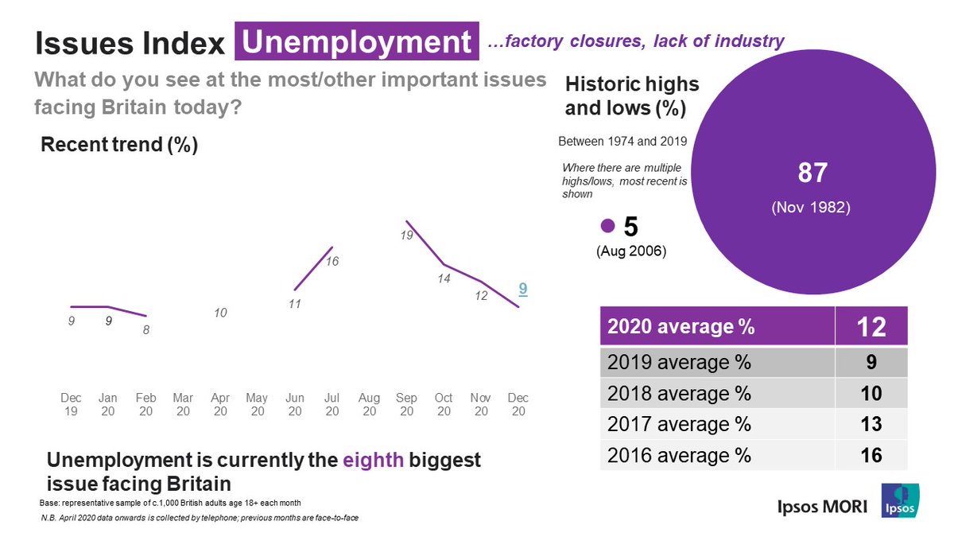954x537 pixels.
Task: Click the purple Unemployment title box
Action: click(x=357, y=41)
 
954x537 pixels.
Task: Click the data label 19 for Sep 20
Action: click(x=406, y=235)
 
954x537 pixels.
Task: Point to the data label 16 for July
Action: click(x=333, y=261)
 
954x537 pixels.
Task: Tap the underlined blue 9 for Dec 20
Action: click(x=522, y=290)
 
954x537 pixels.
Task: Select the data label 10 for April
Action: click(x=220, y=313)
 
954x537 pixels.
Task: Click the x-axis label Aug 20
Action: click(x=369, y=404)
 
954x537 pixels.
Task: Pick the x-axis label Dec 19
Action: click(x=71, y=404)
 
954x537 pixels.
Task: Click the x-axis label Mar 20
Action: click(x=183, y=404)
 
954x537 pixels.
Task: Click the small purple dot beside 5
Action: click(x=608, y=226)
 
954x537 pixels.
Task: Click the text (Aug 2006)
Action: click(x=630, y=251)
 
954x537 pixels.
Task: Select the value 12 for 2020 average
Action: click(x=871, y=326)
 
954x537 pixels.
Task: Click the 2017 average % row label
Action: click(x=679, y=424)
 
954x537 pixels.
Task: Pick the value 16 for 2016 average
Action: click(x=871, y=455)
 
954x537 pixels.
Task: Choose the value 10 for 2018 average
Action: click(x=871, y=394)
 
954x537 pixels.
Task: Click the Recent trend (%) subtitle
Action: click(x=119, y=146)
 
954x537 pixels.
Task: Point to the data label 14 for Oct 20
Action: click(x=444, y=279)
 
